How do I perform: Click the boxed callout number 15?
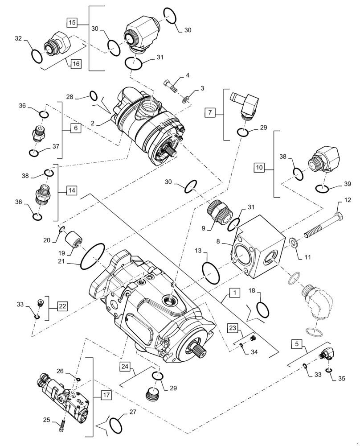[72, 22]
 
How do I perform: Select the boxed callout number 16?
[76, 64]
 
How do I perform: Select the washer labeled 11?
[293, 243]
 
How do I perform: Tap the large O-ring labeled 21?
[93, 256]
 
